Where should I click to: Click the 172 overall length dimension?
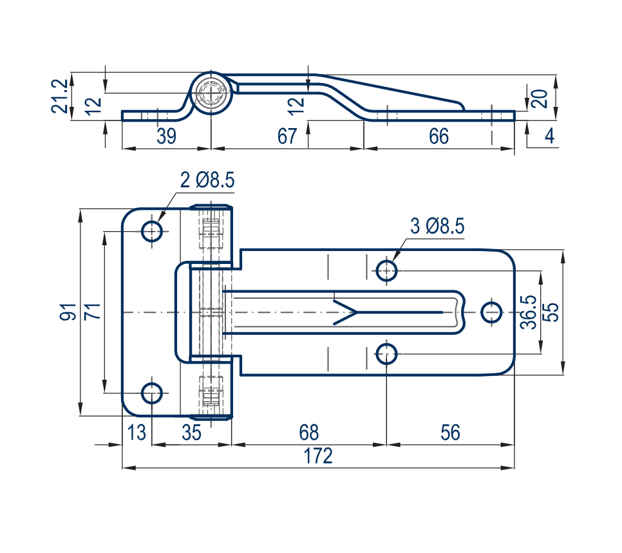tap(318, 456)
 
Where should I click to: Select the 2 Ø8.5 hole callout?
tap(207, 180)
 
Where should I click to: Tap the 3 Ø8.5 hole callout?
tap(437, 226)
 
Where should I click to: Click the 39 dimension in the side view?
tap(166, 136)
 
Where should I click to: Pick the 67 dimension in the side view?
tap(287, 136)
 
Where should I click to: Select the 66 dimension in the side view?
tap(438, 136)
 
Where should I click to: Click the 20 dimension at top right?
tap(542, 98)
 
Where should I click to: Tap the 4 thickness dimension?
tap(549, 136)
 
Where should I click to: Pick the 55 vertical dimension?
tap(551, 312)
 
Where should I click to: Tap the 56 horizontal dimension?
tap(451, 432)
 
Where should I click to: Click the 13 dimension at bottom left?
tap(137, 432)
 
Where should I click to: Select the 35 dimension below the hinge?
tap(191, 432)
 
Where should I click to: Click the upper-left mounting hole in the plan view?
tap(152, 230)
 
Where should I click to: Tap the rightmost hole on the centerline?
tap(492, 312)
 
